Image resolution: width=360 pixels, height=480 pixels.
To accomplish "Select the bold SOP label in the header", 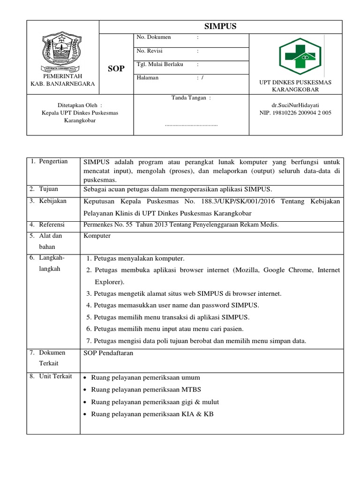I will click(116, 68).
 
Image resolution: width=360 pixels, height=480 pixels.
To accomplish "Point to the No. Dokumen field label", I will click(153, 37).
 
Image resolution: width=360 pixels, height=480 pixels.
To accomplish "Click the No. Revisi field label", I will click(150, 51).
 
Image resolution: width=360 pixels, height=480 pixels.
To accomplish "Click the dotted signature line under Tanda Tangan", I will click(191, 125).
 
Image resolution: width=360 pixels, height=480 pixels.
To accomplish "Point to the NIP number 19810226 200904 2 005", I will click(295, 112).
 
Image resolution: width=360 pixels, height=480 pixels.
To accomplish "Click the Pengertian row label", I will click(53, 161).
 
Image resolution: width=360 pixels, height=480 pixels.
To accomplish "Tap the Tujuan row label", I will click(49, 189).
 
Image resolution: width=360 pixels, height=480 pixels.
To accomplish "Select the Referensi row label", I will click(52, 225).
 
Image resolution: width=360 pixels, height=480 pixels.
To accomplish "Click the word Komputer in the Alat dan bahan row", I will click(97, 236).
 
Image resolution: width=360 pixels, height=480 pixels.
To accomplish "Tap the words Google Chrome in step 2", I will click(286, 270).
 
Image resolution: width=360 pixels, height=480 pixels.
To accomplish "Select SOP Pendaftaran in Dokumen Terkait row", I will click(108, 353).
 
